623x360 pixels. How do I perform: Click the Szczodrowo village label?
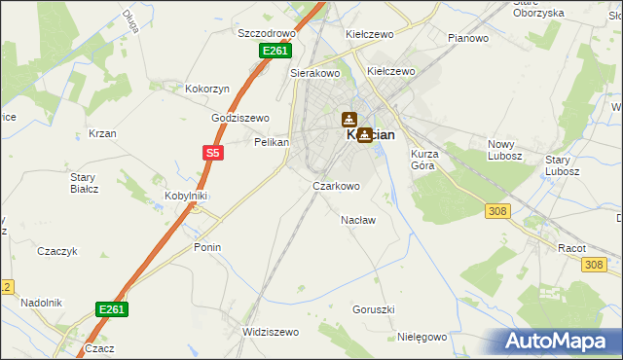click(267, 32)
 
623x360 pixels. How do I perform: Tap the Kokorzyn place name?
click(207, 89)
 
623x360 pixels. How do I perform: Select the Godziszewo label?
click(240, 118)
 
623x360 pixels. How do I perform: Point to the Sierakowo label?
click(314, 72)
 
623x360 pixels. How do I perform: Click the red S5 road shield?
click(213, 152)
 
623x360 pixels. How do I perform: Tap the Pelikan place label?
click(273, 142)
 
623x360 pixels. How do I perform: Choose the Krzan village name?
click(102, 133)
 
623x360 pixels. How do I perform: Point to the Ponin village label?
click(207, 247)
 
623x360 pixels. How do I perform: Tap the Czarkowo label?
click(336, 186)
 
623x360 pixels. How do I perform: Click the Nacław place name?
click(358, 220)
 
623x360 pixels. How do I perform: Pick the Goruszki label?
click(373, 309)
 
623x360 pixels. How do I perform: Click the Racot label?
click(571, 248)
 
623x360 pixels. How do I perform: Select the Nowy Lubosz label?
click(505, 150)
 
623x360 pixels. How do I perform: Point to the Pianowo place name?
click(467, 38)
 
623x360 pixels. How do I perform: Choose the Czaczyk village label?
click(57, 251)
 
